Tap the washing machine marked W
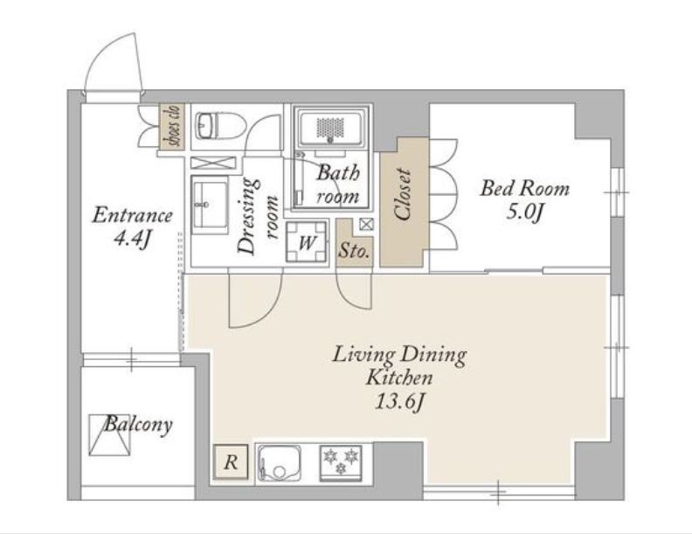pyautogui.click(x=308, y=242)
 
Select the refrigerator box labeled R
pyautogui.click(x=231, y=462)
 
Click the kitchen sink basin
pyautogui.click(x=280, y=462)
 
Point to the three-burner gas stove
pyautogui.click(x=341, y=463)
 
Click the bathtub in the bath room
pyautogui.click(x=333, y=128)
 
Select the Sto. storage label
pyautogui.click(x=354, y=252)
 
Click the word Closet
pyautogui.click(x=404, y=194)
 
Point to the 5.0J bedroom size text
pyautogui.click(x=524, y=212)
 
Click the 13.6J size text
pyautogui.click(x=400, y=402)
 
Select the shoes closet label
pyautogui.click(x=172, y=126)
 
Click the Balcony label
pyautogui.click(x=138, y=424)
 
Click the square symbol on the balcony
pyautogui.click(x=111, y=434)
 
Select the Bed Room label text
pyautogui.click(x=525, y=189)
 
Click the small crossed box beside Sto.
pyautogui.click(x=366, y=225)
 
